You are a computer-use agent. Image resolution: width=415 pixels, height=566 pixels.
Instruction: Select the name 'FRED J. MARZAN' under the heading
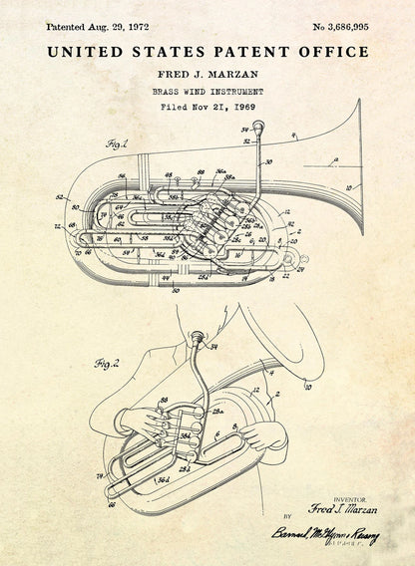(x=207, y=75)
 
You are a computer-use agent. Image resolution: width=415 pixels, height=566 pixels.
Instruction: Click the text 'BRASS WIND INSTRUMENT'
(x=207, y=91)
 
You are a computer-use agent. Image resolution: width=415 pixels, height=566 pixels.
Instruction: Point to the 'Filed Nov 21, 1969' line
(x=207, y=106)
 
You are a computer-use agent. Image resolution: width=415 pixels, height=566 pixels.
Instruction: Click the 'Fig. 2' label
(x=107, y=364)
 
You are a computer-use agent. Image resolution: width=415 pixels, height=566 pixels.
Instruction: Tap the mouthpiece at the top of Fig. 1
(x=258, y=127)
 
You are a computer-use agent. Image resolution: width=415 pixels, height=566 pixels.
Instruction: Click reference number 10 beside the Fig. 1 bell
(x=347, y=186)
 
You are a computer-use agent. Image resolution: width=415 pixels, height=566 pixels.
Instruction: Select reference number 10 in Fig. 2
(x=308, y=385)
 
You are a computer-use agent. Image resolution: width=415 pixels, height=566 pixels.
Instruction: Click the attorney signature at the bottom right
(x=324, y=535)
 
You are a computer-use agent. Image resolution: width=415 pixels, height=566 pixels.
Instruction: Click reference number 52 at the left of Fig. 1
(x=60, y=197)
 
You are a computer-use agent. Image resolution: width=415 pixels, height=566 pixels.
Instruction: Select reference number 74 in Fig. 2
(x=100, y=476)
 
